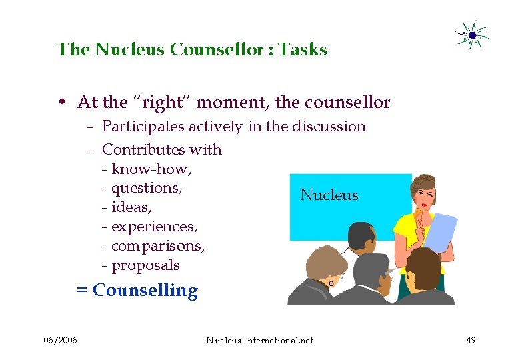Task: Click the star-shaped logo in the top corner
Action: point(472,35)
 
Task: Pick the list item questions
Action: point(147,188)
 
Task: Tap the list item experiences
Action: point(154,227)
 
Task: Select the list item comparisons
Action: point(158,246)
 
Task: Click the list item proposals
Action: point(145,265)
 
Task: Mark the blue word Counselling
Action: point(145,291)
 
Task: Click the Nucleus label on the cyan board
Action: point(329,195)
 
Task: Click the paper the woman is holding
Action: point(441,231)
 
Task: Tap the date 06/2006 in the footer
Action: point(60,341)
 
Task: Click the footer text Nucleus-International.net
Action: point(259,341)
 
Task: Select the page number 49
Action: point(471,341)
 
